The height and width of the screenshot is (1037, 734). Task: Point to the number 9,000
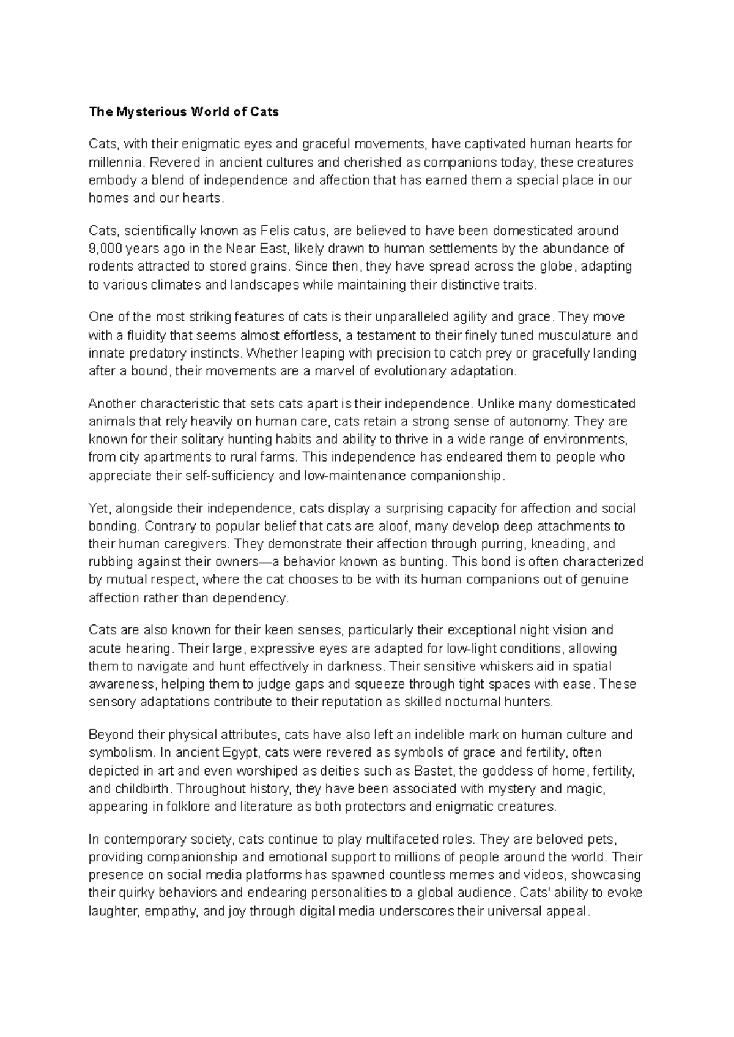105,249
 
